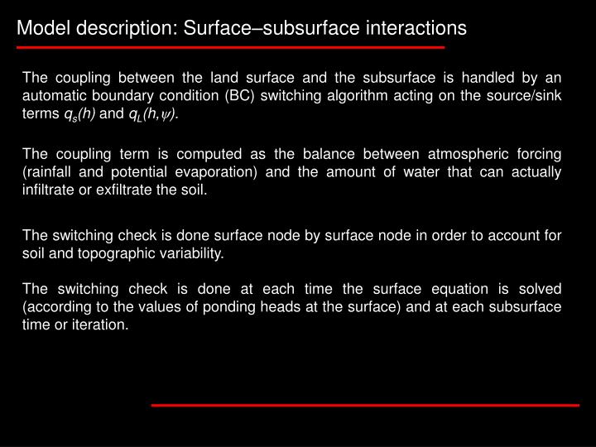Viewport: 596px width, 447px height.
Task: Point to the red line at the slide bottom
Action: pos(364,405)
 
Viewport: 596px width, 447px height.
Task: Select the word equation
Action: pos(447,289)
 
